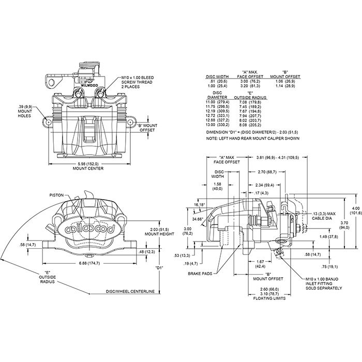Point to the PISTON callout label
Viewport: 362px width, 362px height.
coord(56,195)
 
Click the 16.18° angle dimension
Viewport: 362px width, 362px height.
coord(200,205)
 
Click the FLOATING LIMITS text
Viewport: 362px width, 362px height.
coord(267,297)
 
